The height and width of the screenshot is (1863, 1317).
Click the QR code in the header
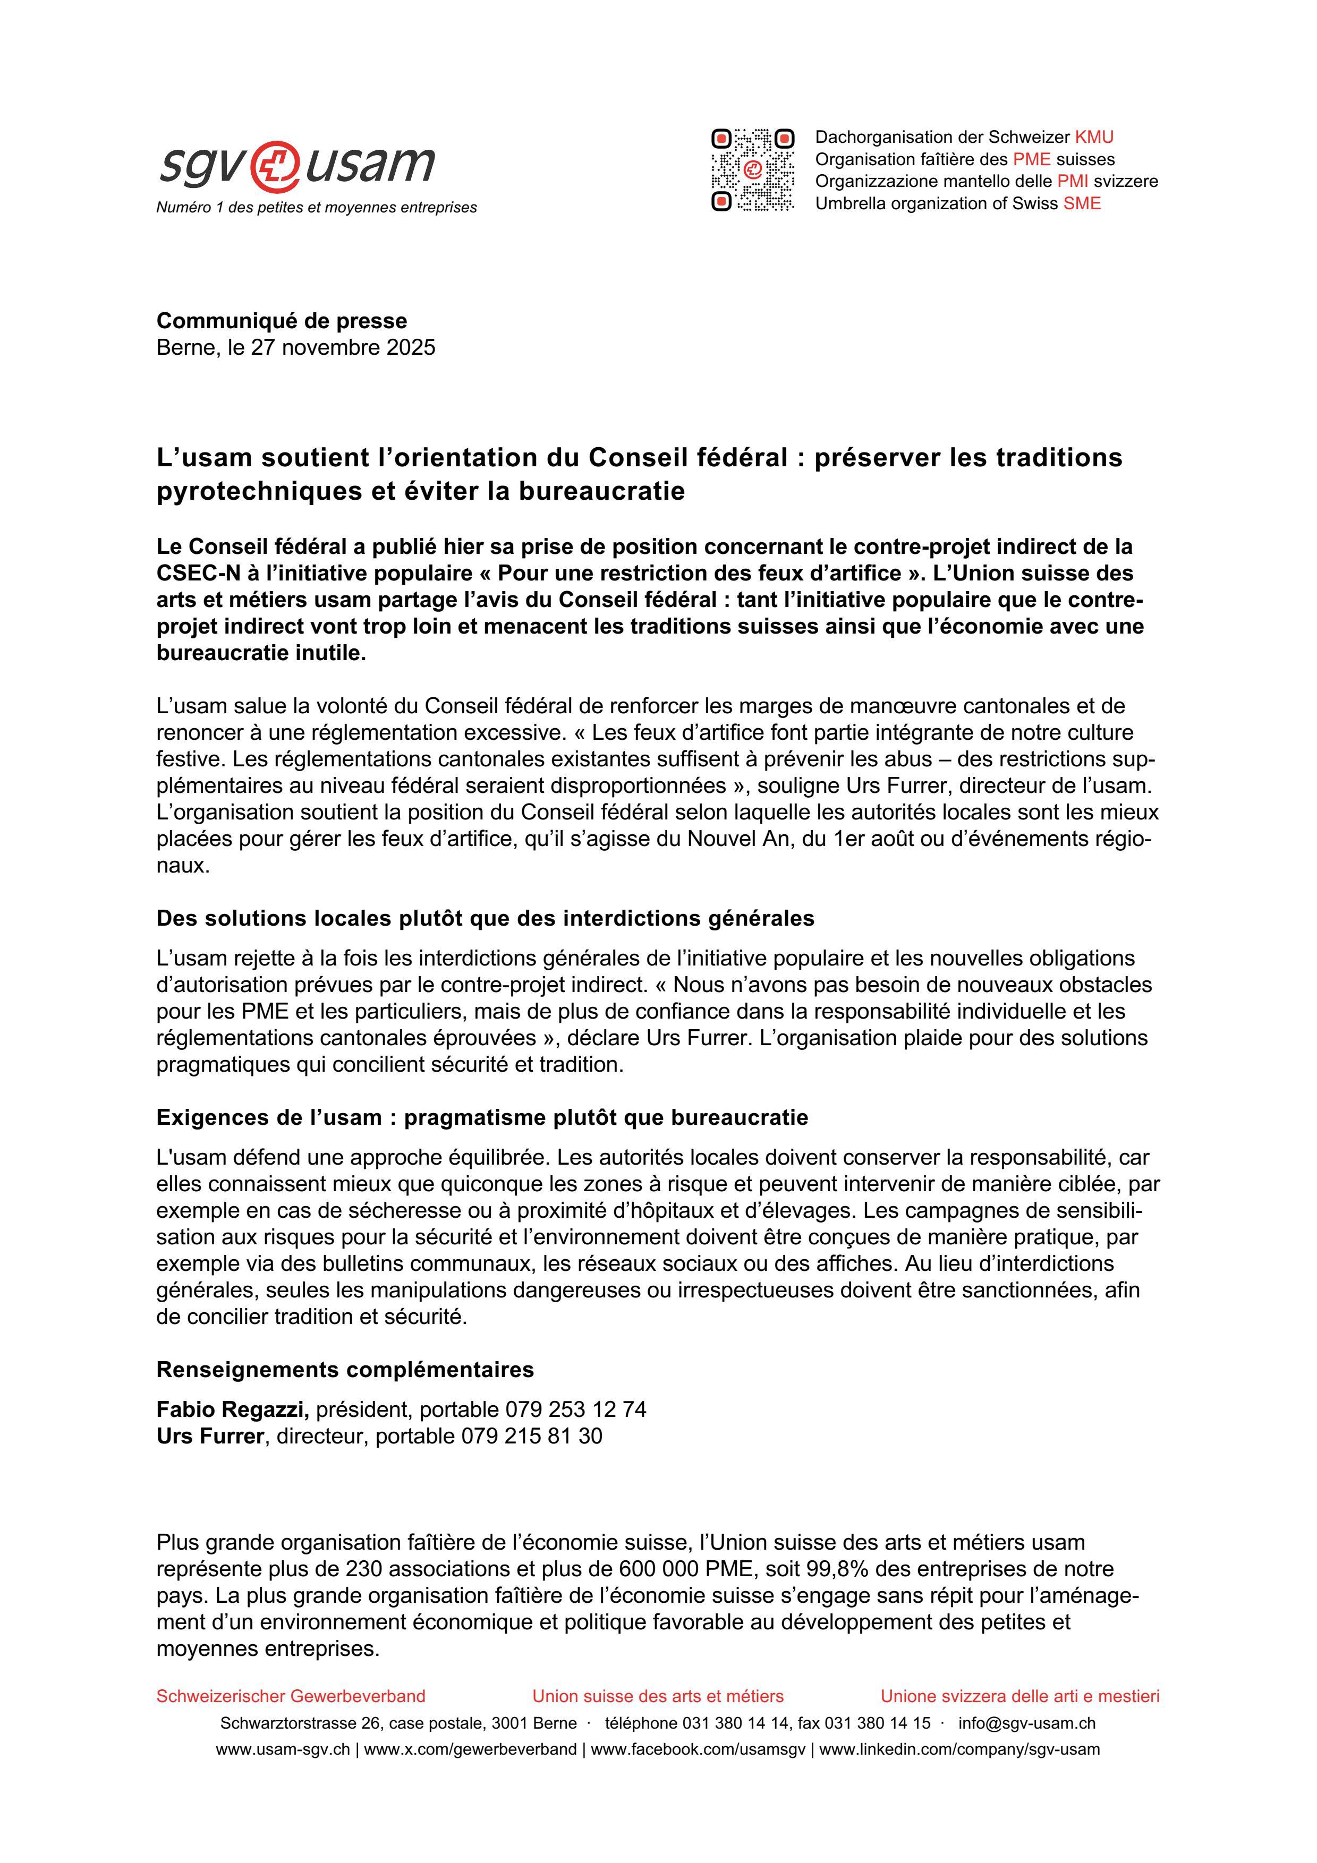(x=752, y=169)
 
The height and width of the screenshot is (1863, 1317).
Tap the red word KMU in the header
(x=1094, y=137)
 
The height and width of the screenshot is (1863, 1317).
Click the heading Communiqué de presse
(x=282, y=321)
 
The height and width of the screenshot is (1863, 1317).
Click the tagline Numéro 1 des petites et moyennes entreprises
(x=317, y=208)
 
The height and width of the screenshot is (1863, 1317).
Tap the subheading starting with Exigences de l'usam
(x=482, y=1117)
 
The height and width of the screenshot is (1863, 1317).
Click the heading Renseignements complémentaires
(x=345, y=1370)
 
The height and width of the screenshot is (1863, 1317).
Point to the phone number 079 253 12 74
(x=575, y=1409)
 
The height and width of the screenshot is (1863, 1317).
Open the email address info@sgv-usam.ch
(x=1026, y=1723)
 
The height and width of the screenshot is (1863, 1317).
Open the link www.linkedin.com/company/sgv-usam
(x=959, y=1749)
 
